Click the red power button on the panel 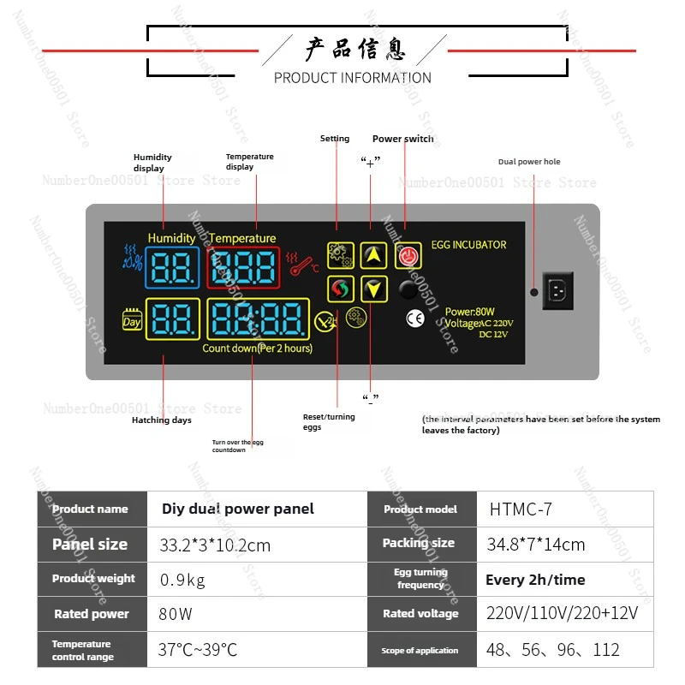408,254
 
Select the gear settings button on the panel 340,255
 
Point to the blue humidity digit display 172,267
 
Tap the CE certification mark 414,319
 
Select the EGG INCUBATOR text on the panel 468,245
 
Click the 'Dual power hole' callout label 529,162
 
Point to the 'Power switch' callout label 402,139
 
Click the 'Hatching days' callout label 162,420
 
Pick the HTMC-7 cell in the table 521,509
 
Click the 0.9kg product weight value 182,580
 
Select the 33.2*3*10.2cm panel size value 215,545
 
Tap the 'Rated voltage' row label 420,614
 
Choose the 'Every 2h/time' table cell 535,580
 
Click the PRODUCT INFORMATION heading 352,78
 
